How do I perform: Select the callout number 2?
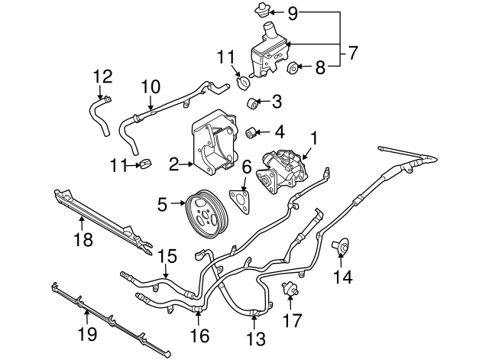tap(174, 164)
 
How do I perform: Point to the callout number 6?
tap(246, 167)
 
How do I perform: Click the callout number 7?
tap(352, 54)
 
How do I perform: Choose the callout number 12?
tap(102, 76)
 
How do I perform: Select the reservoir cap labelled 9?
tap(261, 11)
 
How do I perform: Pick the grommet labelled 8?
tap(293, 70)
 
